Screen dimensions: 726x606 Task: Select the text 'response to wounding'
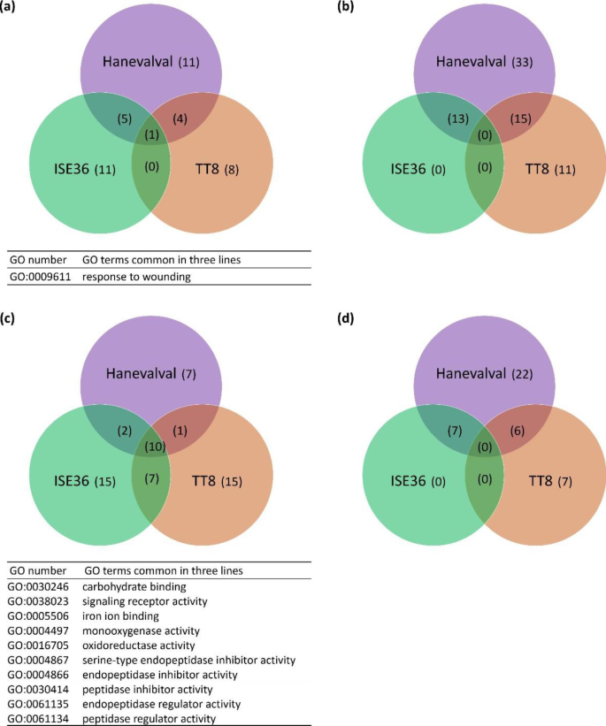[x=130, y=277]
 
